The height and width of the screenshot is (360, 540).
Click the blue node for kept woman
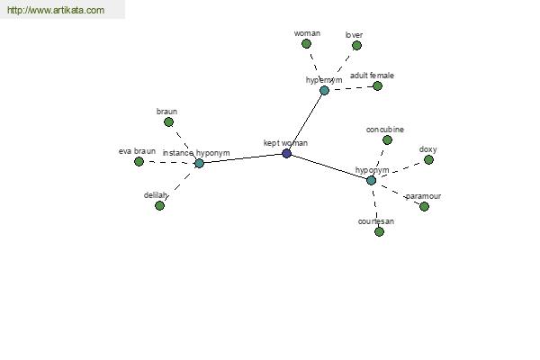point(286,153)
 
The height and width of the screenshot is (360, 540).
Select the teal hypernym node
point(324,91)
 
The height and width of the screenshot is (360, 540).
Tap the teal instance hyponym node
point(200,163)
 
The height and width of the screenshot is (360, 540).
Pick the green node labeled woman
point(306,44)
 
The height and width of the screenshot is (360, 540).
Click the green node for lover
point(356,46)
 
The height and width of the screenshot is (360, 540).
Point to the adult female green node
point(377,85)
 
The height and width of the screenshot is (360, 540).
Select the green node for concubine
point(387,139)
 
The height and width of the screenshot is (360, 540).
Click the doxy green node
point(428,160)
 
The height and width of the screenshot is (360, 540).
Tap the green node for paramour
point(424,206)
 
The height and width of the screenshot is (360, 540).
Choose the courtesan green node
point(379,231)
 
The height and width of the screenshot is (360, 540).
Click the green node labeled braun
point(169,122)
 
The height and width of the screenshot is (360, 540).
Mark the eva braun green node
point(139,161)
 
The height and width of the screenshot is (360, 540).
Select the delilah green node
point(159,206)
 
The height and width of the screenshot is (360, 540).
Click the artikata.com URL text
point(56,10)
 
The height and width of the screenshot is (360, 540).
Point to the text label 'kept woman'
point(285,143)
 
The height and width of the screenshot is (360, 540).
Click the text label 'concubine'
point(385,130)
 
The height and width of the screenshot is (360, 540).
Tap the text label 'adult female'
point(372,76)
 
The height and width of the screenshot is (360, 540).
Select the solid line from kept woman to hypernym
point(305,122)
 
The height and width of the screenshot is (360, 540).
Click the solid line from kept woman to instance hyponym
point(243,158)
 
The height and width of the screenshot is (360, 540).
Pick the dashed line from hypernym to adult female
point(351,88)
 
